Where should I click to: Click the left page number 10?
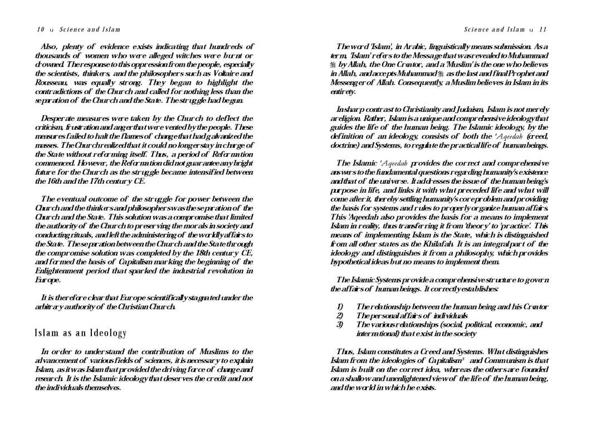pyautogui.click(x=40, y=29)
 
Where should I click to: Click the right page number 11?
pyautogui.click(x=543, y=29)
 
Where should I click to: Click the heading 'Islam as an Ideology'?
pyautogui.click(x=81, y=333)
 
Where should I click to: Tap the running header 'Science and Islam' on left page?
pyautogui.click(x=90, y=29)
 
